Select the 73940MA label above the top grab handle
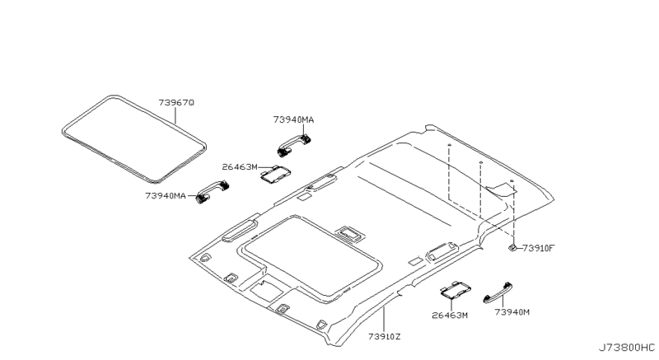coord(293,119)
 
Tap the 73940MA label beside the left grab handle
coord(165,195)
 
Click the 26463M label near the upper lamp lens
coord(240,167)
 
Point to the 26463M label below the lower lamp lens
coord(450,315)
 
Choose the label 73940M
coord(512,311)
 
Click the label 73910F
coord(539,247)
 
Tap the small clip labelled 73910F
coord(512,246)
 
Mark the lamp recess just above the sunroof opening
coord(348,233)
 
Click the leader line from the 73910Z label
coord(385,318)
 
